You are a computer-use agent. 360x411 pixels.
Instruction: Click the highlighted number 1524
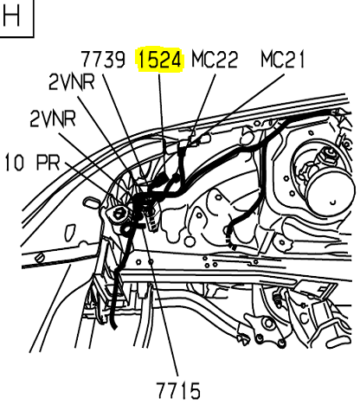[160, 60]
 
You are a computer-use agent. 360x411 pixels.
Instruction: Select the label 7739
[103, 60]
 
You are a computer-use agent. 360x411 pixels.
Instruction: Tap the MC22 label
[215, 60]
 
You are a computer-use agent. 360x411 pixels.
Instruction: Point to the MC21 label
[283, 59]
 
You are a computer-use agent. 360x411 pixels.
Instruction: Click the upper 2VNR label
[72, 81]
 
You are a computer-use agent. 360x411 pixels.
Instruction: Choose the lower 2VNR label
[53, 119]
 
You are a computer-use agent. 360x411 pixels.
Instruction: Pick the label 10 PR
[33, 162]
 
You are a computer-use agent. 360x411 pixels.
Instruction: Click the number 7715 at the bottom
[178, 390]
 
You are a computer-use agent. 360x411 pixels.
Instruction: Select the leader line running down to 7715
[161, 302]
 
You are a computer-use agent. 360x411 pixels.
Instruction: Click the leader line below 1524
[162, 125]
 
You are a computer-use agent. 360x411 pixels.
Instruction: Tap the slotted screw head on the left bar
[40, 258]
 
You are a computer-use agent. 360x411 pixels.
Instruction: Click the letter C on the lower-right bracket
[304, 318]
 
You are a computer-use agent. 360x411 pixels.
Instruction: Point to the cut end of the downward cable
[114, 326]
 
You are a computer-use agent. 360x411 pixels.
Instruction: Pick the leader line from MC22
[202, 112]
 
